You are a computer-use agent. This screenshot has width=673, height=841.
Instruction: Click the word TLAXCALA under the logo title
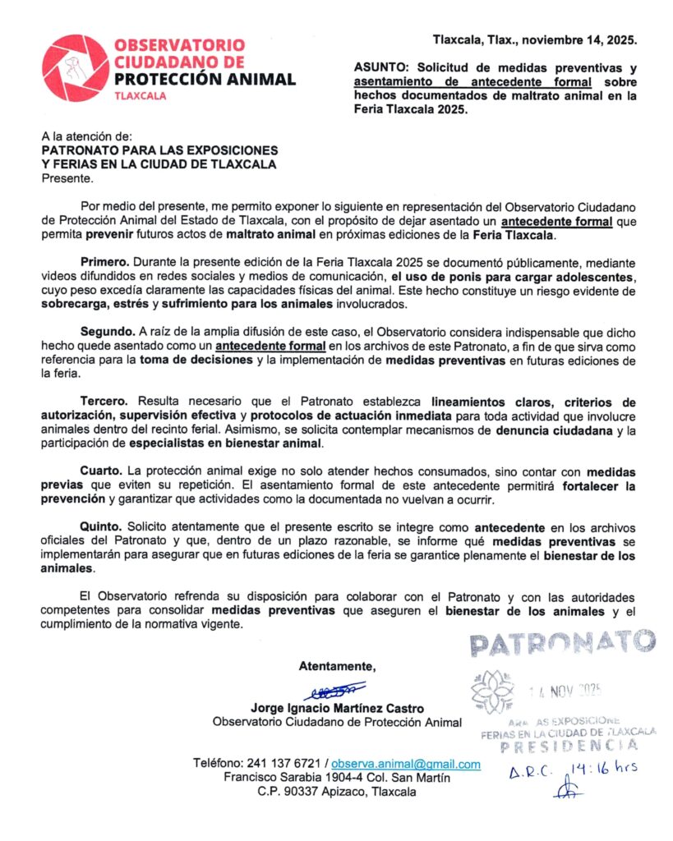coord(141,95)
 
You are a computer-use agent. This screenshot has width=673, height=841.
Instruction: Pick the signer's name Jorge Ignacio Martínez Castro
coord(336,708)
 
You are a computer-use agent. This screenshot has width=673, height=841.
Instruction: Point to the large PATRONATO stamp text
coord(563,643)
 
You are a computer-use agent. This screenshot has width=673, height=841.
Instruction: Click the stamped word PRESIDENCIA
coord(569,746)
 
